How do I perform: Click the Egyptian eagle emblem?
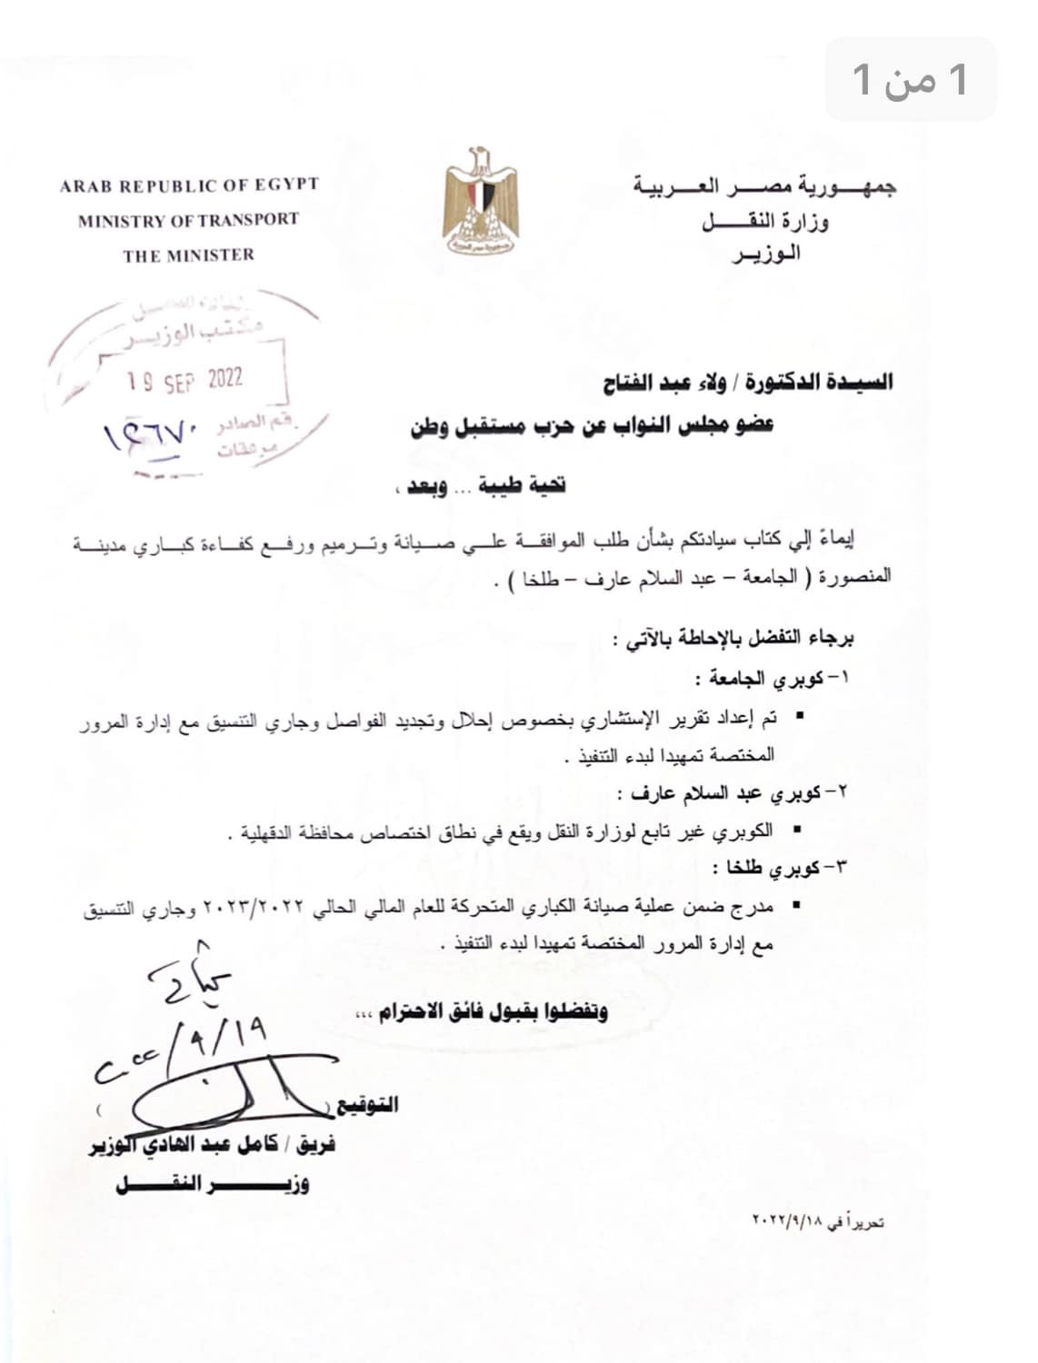coord(480,201)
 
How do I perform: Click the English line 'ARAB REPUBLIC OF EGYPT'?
coord(189,185)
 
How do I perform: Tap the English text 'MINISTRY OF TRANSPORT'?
coord(188,220)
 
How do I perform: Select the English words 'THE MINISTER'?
coord(189,255)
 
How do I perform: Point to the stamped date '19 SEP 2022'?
coord(185,381)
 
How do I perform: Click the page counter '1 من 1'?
coord(911,80)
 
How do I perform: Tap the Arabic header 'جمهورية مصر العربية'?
coord(764,187)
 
